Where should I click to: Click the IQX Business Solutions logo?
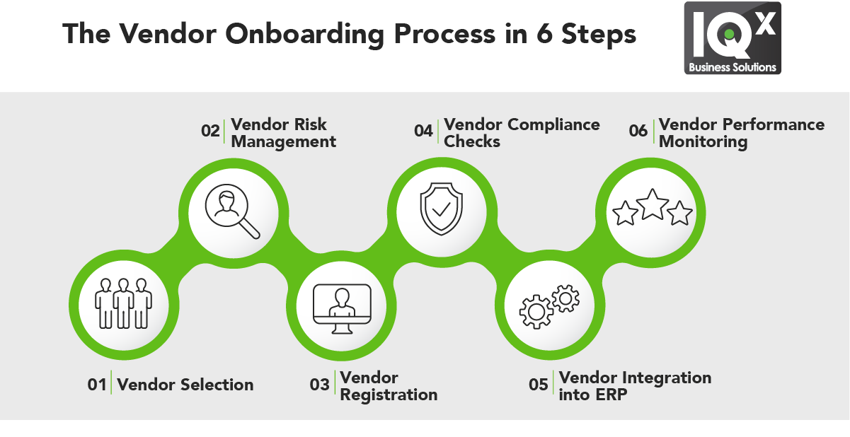tap(732, 38)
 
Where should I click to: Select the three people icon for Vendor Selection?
tap(125, 303)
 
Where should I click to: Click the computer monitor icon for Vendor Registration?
tap(342, 310)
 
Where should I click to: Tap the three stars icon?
tap(652, 209)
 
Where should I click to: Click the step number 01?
tap(97, 385)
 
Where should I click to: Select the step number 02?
tap(210, 132)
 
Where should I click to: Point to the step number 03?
tap(320, 385)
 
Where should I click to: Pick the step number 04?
tap(423, 132)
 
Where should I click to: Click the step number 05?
tap(539, 385)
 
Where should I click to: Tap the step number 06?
tap(638, 132)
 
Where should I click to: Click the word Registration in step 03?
tap(389, 395)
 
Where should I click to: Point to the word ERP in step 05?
tap(611, 395)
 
